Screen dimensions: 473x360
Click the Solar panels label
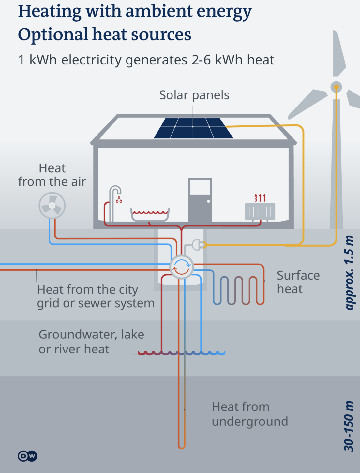194,95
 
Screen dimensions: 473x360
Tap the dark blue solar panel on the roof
193,128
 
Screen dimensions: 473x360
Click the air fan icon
52,206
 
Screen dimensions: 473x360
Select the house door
200,200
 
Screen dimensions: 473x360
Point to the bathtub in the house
150,215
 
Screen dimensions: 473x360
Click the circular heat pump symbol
182,267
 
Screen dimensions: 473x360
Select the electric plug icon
197,244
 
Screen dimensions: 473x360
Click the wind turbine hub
336,87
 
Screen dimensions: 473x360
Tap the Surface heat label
298,282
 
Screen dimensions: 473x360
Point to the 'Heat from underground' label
250,414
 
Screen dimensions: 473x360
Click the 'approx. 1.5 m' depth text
349,273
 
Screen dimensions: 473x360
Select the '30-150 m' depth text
349,426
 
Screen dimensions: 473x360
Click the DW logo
27,456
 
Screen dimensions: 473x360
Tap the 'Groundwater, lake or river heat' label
91,342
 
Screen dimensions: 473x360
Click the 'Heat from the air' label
52,175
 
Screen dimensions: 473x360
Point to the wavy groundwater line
181,353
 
